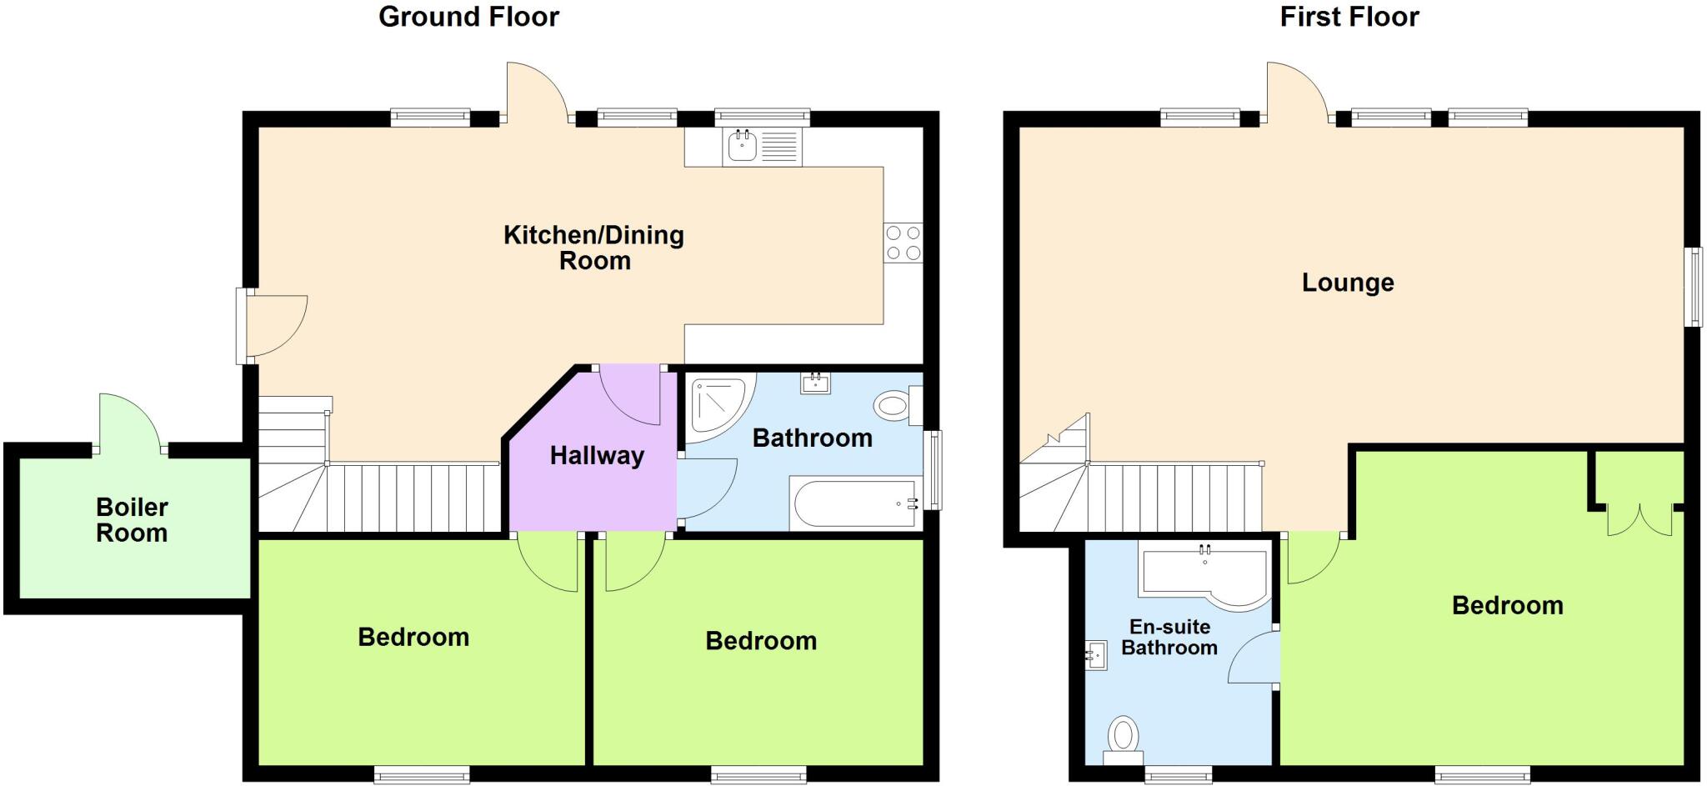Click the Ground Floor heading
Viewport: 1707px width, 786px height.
click(468, 17)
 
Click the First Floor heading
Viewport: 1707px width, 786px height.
click(1349, 17)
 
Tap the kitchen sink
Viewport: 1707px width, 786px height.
click(743, 148)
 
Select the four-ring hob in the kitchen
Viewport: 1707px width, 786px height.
click(904, 243)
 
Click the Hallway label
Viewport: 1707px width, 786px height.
click(597, 456)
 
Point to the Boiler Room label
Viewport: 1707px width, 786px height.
click(132, 520)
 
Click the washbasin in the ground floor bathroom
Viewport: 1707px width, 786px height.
click(815, 383)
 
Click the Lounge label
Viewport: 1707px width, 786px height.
click(1348, 283)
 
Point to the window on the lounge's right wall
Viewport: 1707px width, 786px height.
click(1694, 287)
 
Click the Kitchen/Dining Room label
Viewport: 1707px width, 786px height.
click(593, 248)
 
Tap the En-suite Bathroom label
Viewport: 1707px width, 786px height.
click(1169, 638)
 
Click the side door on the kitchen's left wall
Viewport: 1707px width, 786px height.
click(271, 326)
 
